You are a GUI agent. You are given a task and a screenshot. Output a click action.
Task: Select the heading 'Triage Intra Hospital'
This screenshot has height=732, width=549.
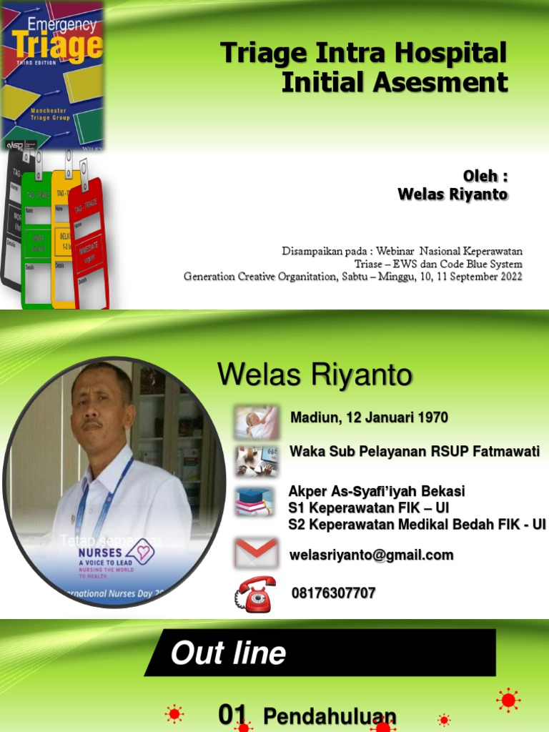363,54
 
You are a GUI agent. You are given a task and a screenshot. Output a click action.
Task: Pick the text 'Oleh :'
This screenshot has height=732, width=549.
485,177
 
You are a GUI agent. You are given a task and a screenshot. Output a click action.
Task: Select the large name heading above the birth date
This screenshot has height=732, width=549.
315,374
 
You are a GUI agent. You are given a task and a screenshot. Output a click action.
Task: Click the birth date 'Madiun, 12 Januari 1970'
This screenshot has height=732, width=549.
369,417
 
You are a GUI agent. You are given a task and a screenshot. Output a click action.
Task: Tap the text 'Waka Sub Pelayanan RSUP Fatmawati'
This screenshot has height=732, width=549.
415,452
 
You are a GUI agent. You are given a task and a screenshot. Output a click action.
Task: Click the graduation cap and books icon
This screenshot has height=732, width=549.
255,501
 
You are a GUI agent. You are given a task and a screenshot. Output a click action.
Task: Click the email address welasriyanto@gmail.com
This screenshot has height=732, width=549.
372,555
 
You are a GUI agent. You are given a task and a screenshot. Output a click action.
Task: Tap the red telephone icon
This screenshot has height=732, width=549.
255,593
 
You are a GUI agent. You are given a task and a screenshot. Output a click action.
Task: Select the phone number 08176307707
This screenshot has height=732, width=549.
333,593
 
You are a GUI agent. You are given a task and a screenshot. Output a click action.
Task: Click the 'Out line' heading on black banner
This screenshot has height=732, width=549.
228,653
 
